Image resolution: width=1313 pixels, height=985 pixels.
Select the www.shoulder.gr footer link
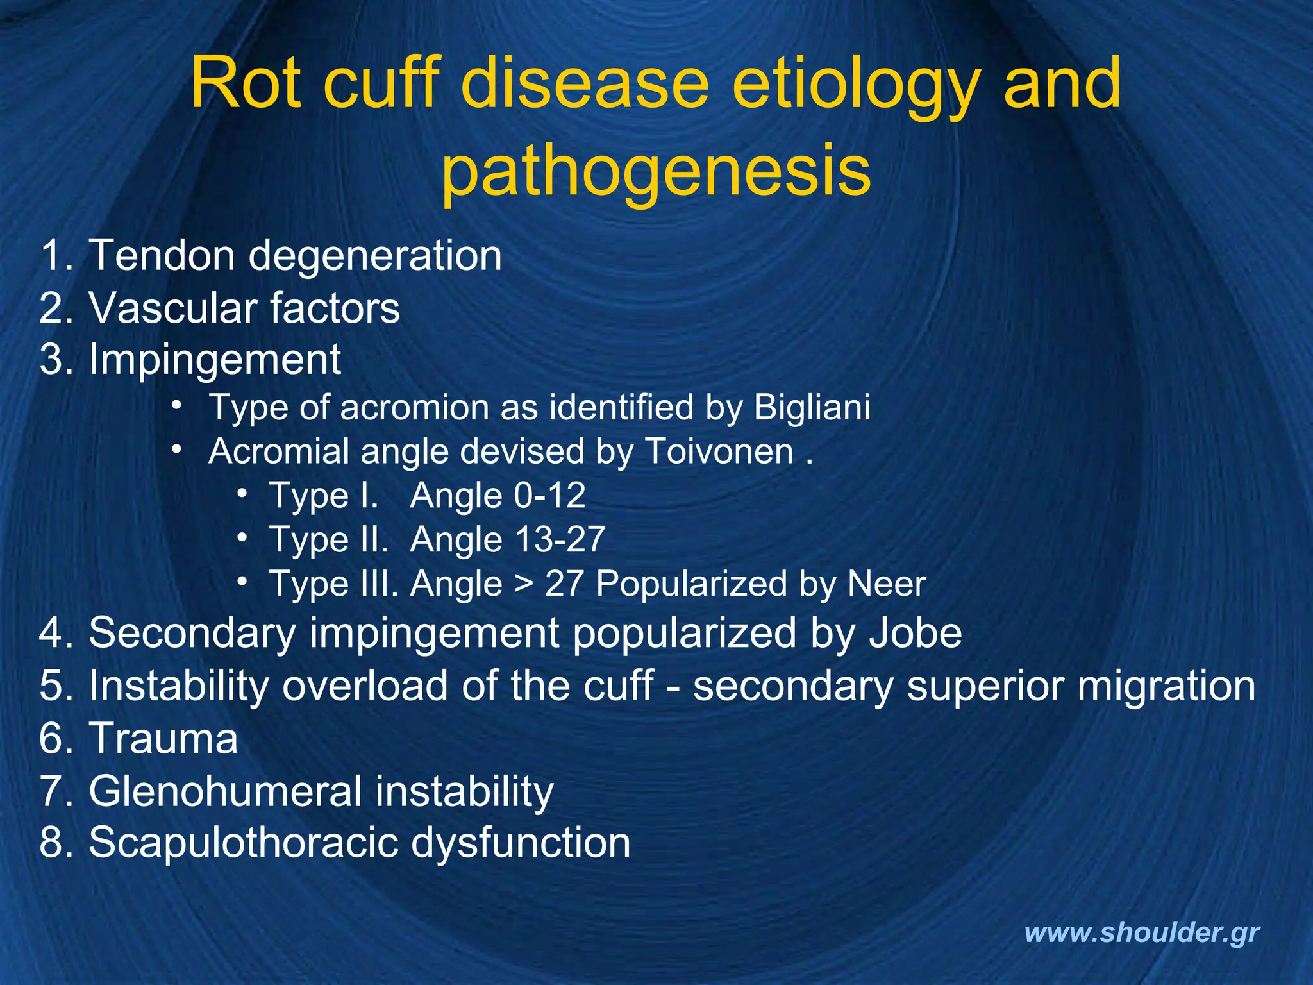[1142, 932]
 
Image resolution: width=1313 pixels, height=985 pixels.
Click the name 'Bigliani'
[812, 407]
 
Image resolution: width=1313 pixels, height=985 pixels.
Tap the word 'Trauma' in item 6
[163, 738]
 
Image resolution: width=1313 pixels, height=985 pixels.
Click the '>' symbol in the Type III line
[524, 585]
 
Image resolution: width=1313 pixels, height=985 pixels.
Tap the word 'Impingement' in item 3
[215, 359]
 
